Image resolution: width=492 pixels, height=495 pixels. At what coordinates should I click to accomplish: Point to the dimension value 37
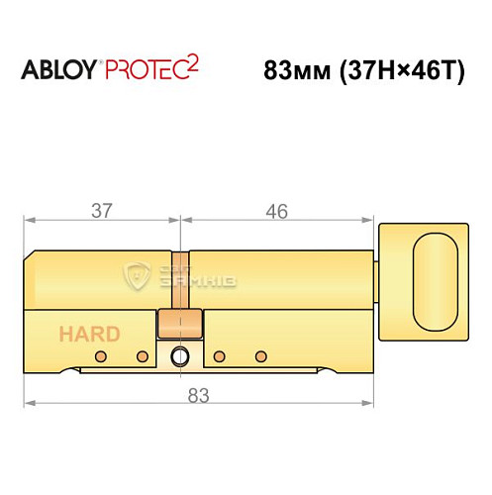click(101, 210)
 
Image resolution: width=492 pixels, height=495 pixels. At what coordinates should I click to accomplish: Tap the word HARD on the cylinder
click(89, 334)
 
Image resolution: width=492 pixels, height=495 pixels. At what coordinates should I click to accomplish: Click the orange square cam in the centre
click(180, 324)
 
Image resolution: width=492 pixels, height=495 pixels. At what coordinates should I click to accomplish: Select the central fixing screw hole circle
click(180, 357)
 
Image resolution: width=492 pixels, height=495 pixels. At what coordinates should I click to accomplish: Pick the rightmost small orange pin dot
click(260, 355)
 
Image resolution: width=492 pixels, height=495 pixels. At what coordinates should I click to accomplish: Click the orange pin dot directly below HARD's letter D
click(142, 355)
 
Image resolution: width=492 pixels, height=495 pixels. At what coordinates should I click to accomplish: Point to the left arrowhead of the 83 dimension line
click(30, 404)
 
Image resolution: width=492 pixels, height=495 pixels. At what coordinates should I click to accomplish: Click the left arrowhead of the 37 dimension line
click(30, 219)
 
